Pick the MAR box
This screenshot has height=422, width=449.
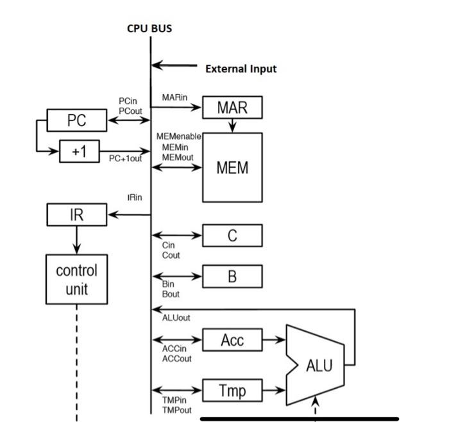[232, 108]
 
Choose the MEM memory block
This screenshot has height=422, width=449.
[232, 168]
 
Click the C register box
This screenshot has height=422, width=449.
[232, 236]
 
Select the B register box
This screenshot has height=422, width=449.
[232, 276]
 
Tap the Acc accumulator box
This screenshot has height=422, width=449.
[232, 340]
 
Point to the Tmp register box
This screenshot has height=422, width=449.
[232, 389]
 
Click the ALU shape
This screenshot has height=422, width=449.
[318, 365]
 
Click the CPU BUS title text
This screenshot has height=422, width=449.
[149, 29]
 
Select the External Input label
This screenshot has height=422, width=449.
[241, 69]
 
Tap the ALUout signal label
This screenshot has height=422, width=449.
[176, 317]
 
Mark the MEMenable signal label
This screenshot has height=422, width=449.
[179, 137]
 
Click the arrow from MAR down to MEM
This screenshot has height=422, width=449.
[232, 126]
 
